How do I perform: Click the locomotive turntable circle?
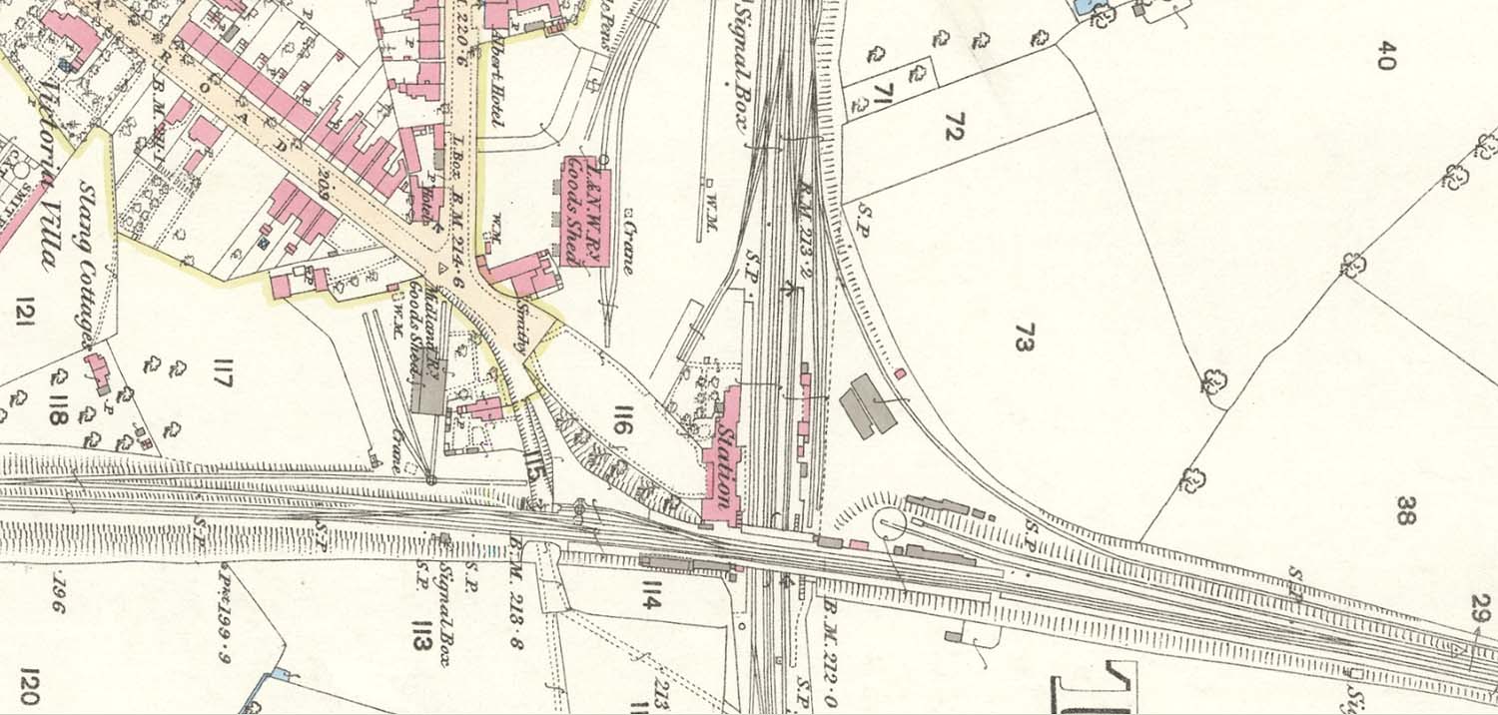click(889, 522)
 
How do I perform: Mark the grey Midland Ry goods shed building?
click(427, 393)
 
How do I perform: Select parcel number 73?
click(1021, 338)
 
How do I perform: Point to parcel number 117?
click(222, 379)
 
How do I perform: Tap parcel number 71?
click(883, 97)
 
